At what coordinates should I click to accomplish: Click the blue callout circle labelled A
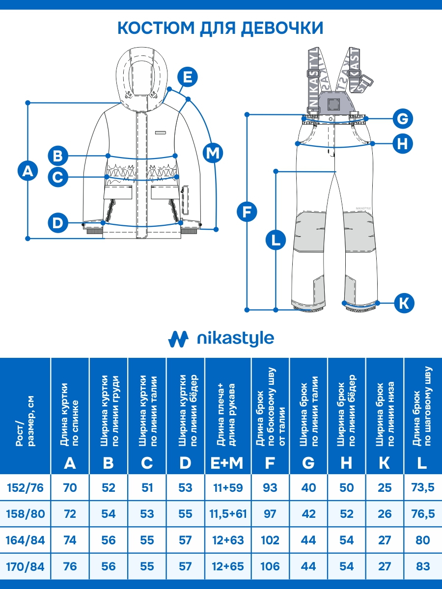pyautogui.click(x=28, y=171)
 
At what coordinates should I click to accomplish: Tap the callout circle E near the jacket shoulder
pyautogui.click(x=187, y=77)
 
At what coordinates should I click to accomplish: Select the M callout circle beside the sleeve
pyautogui.click(x=213, y=153)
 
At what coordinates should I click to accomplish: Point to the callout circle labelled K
pyautogui.click(x=404, y=302)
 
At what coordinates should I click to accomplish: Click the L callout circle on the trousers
pyautogui.click(x=276, y=241)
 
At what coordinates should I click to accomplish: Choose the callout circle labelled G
pyautogui.click(x=403, y=118)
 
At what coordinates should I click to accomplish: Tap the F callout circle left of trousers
pyautogui.click(x=247, y=212)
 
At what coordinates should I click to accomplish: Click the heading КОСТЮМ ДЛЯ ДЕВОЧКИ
pyautogui.click(x=221, y=28)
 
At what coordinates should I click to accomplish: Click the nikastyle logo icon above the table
pyautogui.click(x=178, y=339)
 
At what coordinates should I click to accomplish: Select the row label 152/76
pyautogui.click(x=26, y=488)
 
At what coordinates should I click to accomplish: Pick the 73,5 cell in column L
pyautogui.click(x=422, y=488)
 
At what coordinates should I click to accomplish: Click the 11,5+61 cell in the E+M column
pyautogui.click(x=227, y=514)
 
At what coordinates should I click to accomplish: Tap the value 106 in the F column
pyautogui.click(x=270, y=566)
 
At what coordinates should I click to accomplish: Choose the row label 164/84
pyautogui.click(x=26, y=540)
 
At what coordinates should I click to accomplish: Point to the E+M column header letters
pyautogui.click(x=227, y=462)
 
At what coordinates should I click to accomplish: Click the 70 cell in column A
pyautogui.click(x=70, y=488)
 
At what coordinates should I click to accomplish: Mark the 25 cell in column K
pyautogui.click(x=385, y=488)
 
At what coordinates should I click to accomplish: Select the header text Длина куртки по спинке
pyautogui.click(x=70, y=415)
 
